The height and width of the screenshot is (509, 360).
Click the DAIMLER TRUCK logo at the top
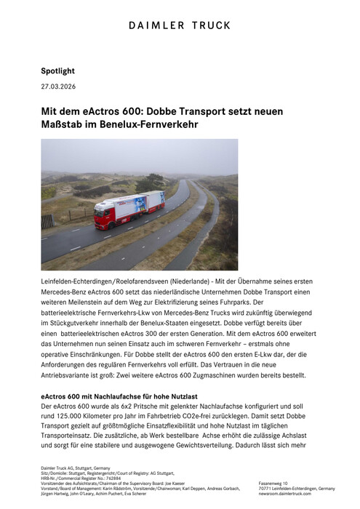pos(180,25)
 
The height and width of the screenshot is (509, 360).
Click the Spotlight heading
pos(58,71)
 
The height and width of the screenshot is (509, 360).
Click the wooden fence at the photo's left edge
pos(47,220)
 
